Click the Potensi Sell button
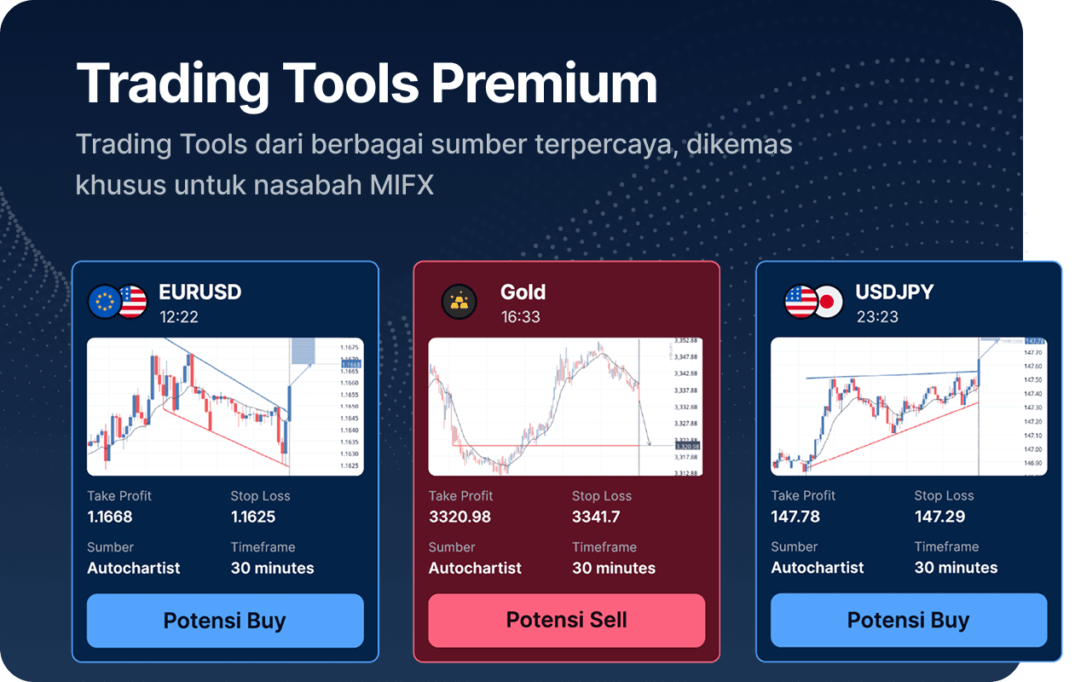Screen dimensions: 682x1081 click(566, 620)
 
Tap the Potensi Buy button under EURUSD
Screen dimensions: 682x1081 click(225, 620)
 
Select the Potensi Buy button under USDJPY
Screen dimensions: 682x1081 click(908, 620)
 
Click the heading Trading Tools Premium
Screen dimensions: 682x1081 click(367, 84)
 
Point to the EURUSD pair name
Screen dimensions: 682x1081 click(200, 292)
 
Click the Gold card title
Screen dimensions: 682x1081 click(523, 292)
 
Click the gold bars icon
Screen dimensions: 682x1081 click(459, 302)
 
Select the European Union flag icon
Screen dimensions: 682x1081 click(106, 302)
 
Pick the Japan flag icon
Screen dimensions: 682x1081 click(825, 302)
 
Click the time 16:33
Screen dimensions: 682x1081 click(520, 317)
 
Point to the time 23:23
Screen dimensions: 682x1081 click(876, 317)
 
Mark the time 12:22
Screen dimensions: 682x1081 click(178, 317)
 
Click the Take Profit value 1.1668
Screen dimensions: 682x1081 click(110, 517)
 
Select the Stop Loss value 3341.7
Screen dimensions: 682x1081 click(596, 517)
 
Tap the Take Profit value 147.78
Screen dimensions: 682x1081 click(795, 517)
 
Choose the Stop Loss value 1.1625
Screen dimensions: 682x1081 click(253, 517)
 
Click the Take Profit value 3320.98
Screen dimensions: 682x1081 click(460, 517)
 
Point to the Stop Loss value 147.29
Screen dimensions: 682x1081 click(939, 517)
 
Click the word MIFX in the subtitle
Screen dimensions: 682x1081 click(402, 184)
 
